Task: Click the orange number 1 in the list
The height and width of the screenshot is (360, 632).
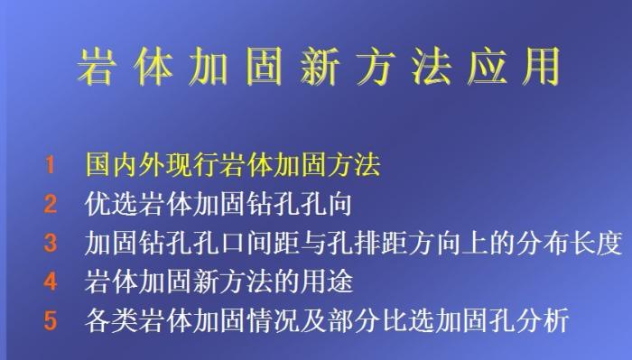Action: click(51, 167)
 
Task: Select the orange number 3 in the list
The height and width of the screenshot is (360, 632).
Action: click(51, 244)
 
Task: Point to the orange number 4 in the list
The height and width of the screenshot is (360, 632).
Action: click(51, 282)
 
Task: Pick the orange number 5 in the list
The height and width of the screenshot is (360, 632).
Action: click(51, 320)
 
